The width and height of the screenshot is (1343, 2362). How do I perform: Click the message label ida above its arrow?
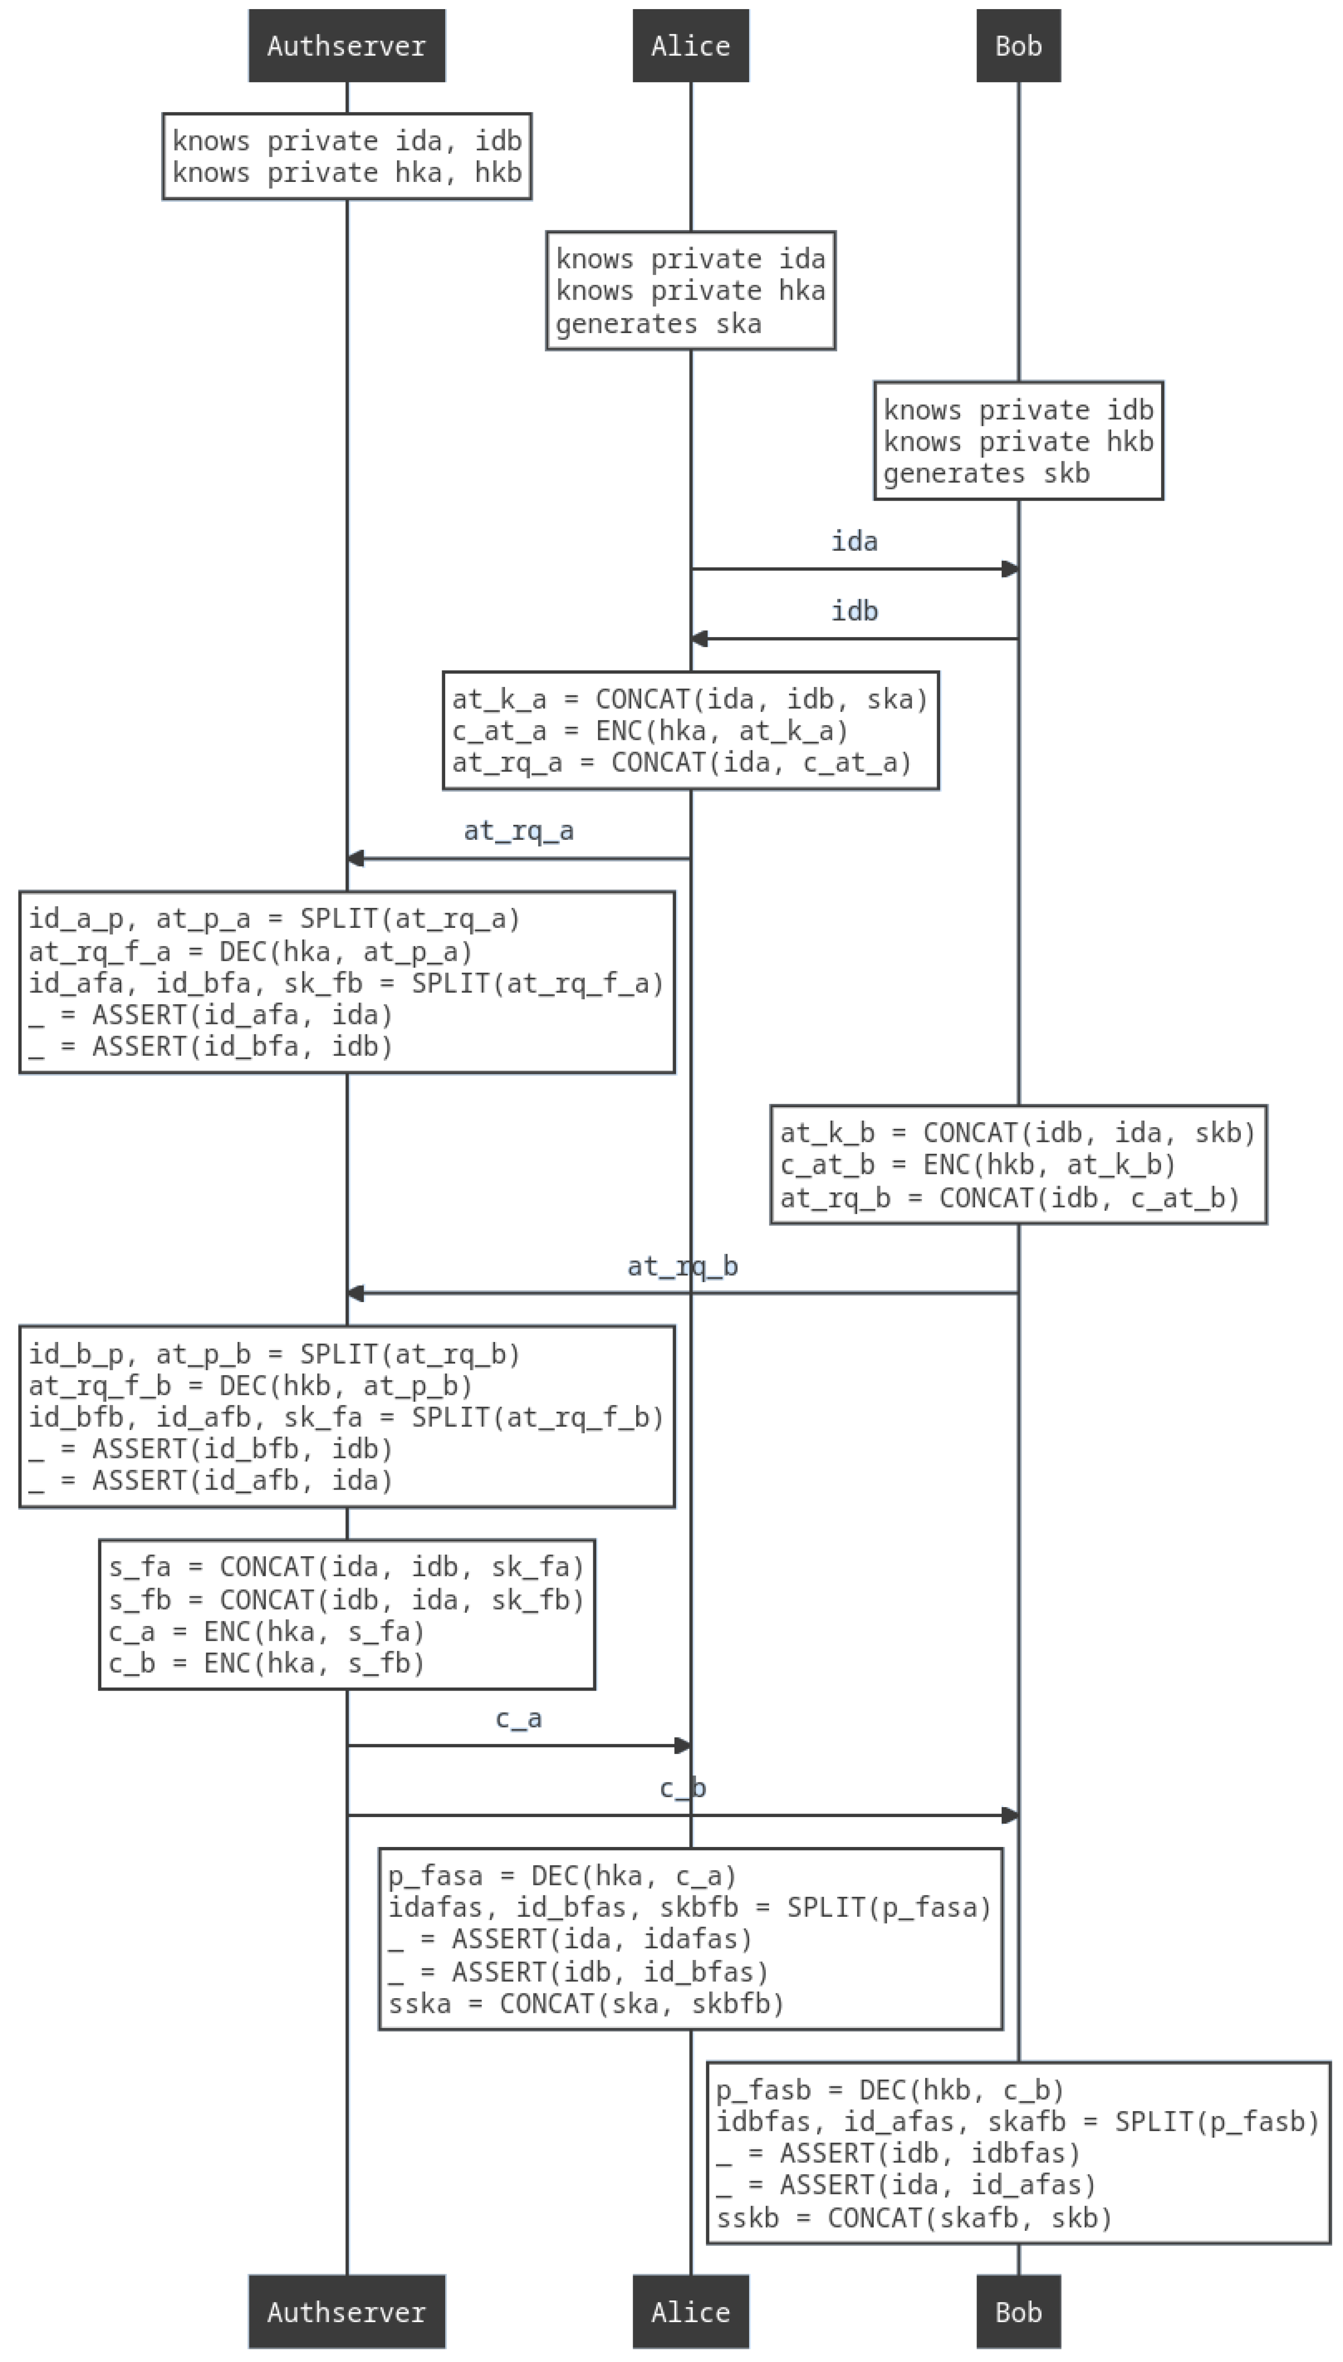point(854,541)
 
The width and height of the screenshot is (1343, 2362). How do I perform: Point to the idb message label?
point(854,611)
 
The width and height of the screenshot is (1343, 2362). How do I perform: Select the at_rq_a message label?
point(518,831)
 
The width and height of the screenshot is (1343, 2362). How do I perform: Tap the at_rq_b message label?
point(683,1266)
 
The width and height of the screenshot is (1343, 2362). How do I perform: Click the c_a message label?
point(518,1719)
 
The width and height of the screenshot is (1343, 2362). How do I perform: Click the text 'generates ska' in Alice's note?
point(659,324)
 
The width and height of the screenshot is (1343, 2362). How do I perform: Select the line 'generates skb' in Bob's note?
point(986,474)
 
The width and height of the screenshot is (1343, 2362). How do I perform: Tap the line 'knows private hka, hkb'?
point(347,172)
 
